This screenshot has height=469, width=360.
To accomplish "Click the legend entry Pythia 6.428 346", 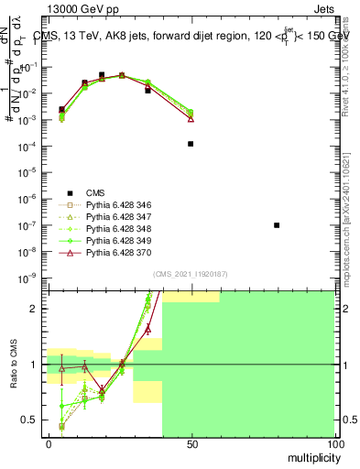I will (x=119, y=205).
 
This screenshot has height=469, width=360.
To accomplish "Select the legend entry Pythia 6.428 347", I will (x=119, y=217).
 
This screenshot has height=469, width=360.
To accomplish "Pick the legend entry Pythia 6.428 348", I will (x=119, y=229).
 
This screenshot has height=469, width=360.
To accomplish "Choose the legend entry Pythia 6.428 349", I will (x=119, y=241).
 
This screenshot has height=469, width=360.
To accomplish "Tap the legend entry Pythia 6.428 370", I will (x=119, y=253).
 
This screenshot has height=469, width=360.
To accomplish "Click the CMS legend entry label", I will (x=95, y=192).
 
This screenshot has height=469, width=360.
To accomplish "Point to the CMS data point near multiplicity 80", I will (x=277, y=225).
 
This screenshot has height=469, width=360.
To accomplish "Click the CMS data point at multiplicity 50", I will (x=191, y=144).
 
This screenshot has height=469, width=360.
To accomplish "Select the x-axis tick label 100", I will (x=334, y=444).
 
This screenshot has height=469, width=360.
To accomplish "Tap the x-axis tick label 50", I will (x=191, y=444).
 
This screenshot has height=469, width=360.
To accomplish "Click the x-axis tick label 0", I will (x=49, y=444).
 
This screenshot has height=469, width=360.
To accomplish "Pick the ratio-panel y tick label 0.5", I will (x=30, y=420).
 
